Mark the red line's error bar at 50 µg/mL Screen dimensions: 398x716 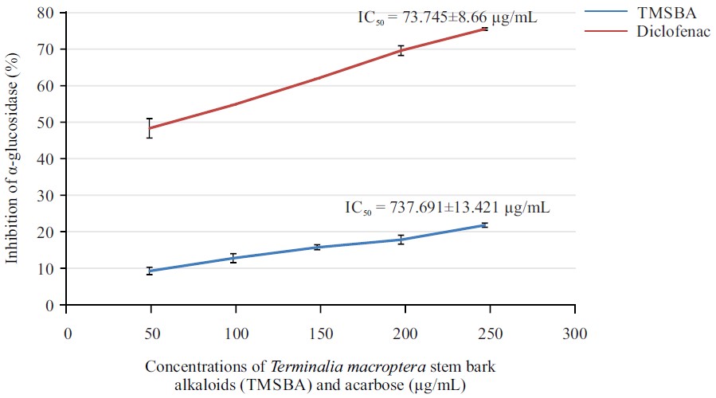click(x=149, y=127)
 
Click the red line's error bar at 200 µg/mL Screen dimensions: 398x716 click(x=401, y=50)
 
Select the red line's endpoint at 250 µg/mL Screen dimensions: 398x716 click(x=484, y=29)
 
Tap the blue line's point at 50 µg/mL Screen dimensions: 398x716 click(x=149, y=271)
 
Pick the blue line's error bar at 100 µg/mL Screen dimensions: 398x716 click(x=233, y=258)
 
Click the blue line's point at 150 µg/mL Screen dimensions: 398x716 click(x=317, y=248)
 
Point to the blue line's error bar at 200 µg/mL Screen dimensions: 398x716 click(x=401, y=240)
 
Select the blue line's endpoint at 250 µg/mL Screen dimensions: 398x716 click(x=484, y=225)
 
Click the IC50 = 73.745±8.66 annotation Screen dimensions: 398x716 click(x=448, y=14)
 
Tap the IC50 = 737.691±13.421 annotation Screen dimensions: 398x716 click(x=446, y=208)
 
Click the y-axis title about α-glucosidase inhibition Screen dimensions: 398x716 click(x=14, y=159)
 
